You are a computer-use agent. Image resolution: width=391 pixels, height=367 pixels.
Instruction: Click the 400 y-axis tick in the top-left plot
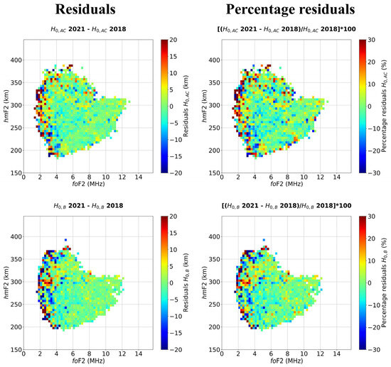pyautogui.click(x=15, y=59)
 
